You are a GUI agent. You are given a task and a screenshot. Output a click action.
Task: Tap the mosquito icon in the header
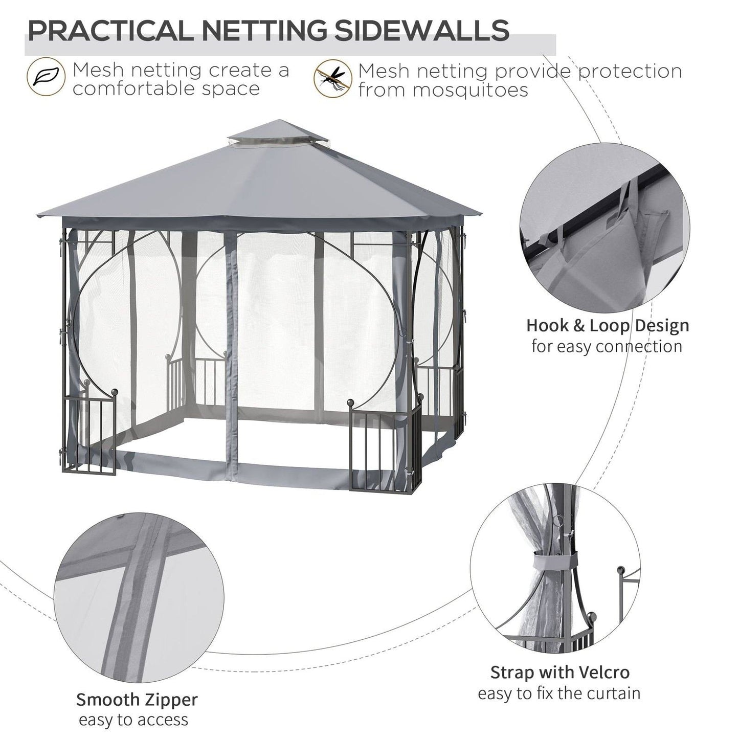click(x=332, y=79)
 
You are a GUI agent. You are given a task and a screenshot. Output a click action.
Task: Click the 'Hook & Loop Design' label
click(x=608, y=325)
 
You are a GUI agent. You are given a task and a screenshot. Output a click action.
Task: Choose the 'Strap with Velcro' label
click(x=559, y=671)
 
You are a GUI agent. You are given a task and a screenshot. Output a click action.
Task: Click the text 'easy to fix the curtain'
click(x=559, y=693)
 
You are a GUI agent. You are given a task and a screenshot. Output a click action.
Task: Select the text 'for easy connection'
click(x=607, y=346)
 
